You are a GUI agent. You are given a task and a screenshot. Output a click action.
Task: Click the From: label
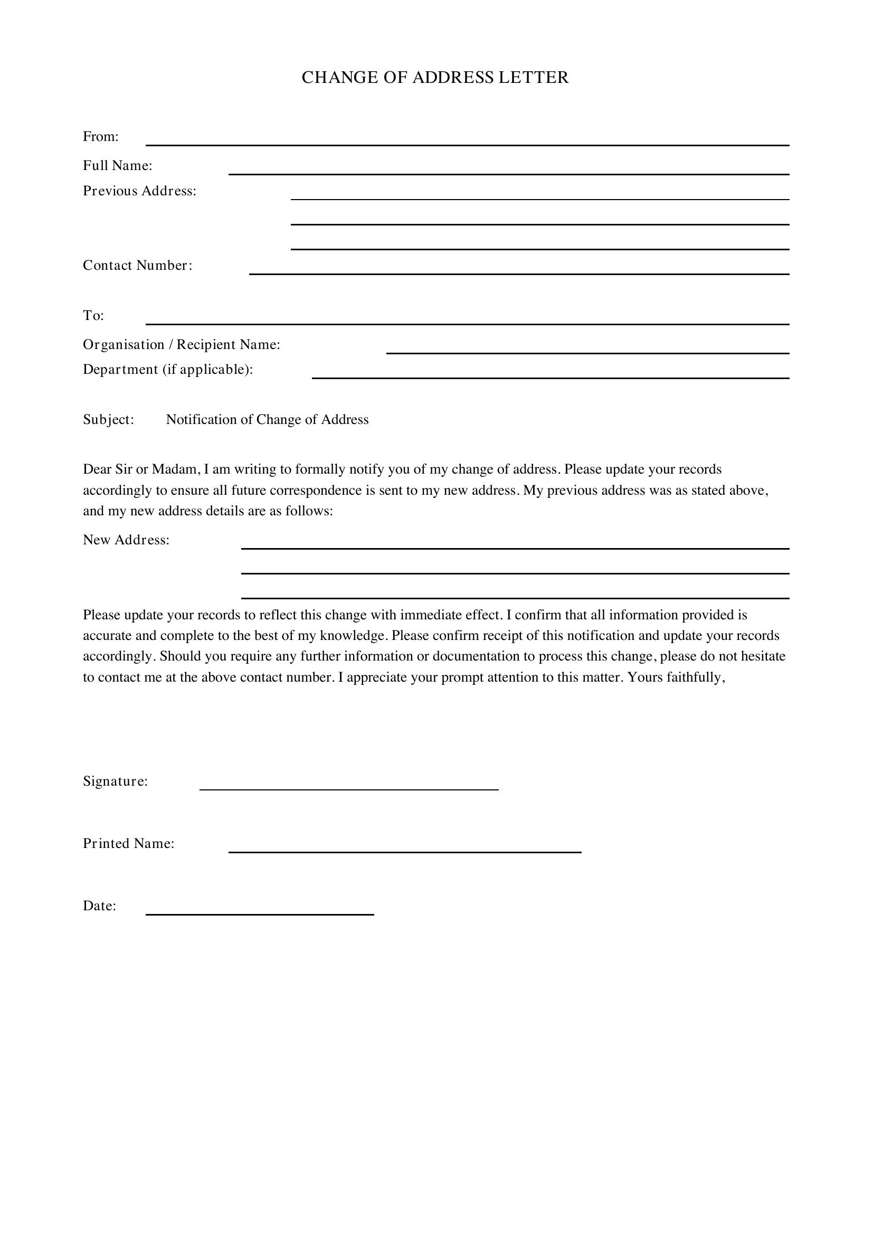click(x=100, y=137)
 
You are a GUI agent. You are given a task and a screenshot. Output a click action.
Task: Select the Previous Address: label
click(x=140, y=191)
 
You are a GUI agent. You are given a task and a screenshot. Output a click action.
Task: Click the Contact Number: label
click(x=138, y=265)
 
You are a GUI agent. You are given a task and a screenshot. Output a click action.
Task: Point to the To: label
click(x=93, y=316)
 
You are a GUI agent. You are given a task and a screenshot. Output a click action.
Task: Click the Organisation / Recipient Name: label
click(x=182, y=344)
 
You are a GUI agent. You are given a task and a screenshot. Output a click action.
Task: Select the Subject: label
click(x=109, y=420)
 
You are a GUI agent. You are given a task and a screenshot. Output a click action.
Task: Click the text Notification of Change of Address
click(x=267, y=420)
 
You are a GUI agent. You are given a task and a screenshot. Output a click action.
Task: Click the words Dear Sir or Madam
click(x=141, y=469)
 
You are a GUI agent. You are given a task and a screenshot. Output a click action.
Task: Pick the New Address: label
click(x=126, y=540)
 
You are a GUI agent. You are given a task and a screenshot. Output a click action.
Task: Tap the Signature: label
click(x=116, y=781)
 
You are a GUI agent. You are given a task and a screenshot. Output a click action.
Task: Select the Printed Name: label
click(x=129, y=843)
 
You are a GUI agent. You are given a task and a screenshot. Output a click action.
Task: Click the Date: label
click(x=100, y=906)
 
